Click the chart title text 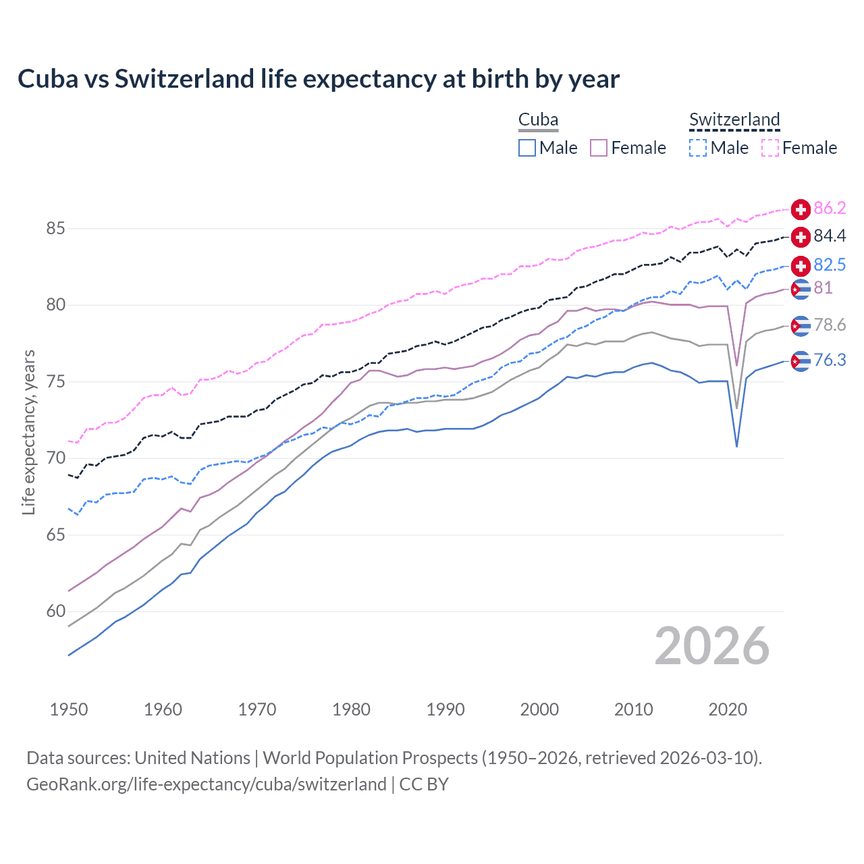(318, 79)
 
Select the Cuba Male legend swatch (527, 148)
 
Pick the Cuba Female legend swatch (599, 148)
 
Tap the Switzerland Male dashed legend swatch (698, 148)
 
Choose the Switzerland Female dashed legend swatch (769, 148)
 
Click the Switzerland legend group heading (734, 119)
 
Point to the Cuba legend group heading (538, 119)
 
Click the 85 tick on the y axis (55, 229)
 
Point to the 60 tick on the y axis (55, 612)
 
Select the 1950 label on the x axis (69, 709)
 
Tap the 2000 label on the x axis (539, 709)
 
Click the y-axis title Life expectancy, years (28, 432)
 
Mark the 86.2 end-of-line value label (830, 208)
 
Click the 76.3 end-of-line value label (830, 360)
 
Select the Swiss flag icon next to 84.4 (801, 237)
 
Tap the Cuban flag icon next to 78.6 (801, 326)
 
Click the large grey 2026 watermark (711, 646)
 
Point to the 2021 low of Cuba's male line (736, 446)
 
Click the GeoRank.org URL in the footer (207, 784)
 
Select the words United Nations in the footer (192, 758)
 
